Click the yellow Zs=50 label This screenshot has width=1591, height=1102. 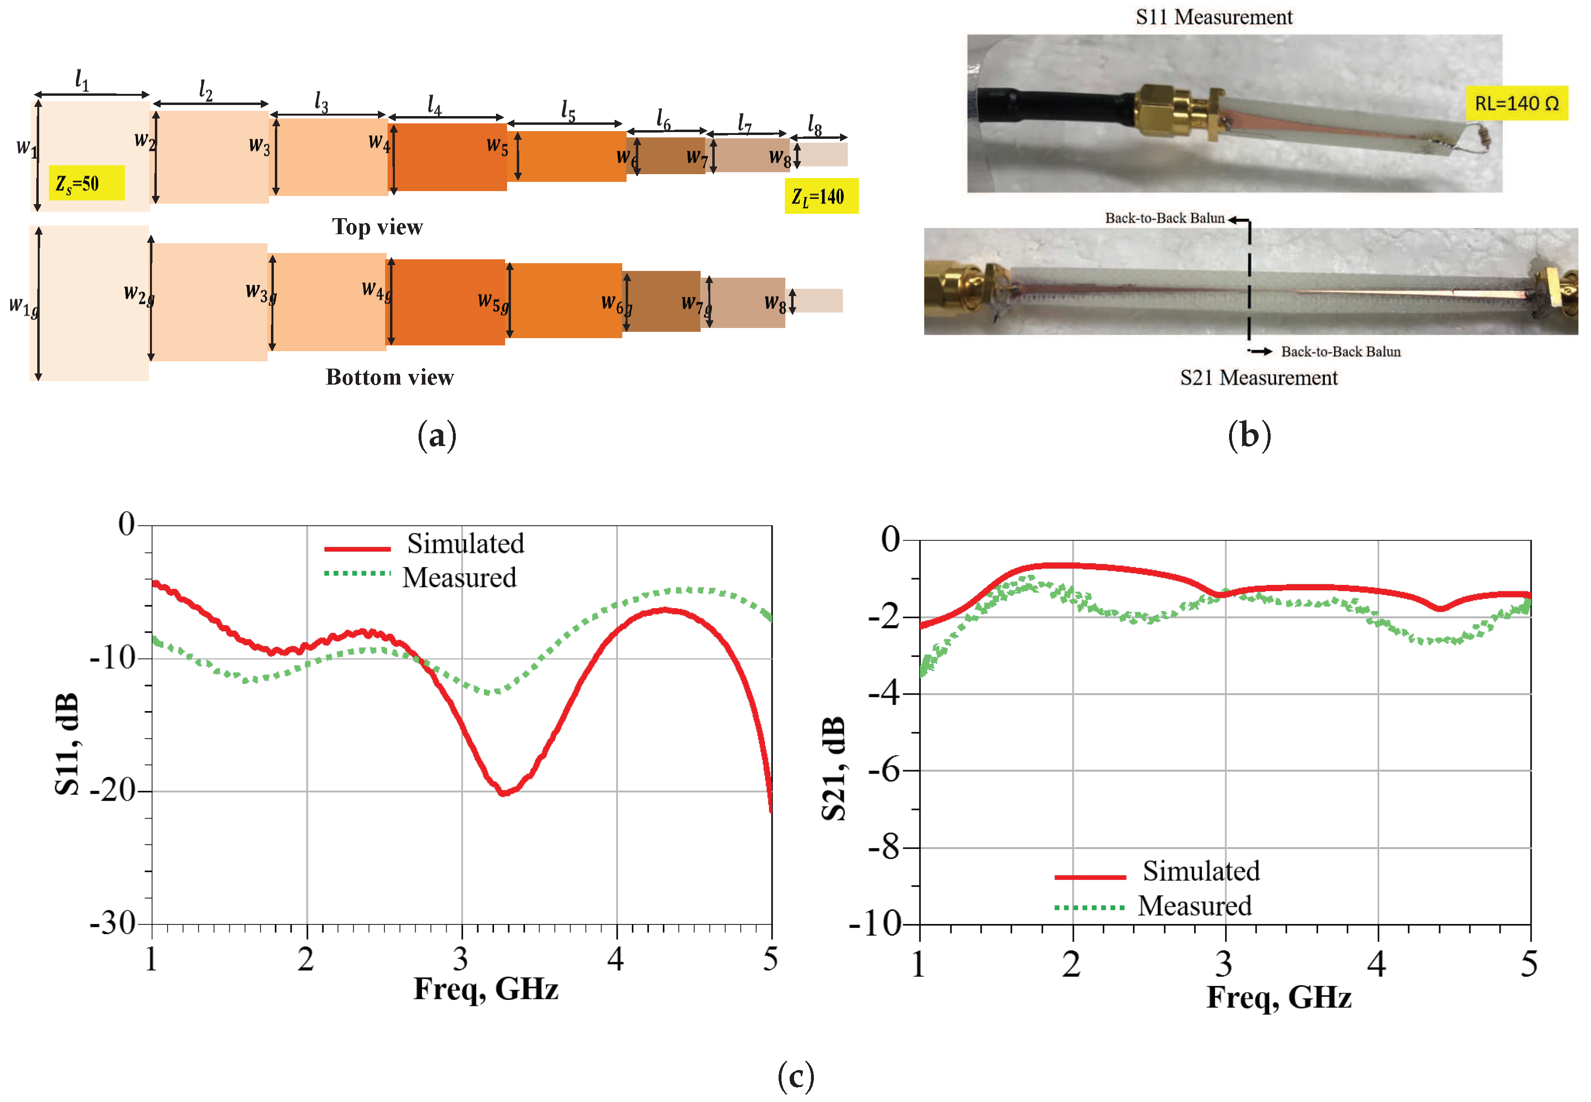pos(86,183)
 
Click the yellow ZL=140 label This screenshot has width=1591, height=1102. pos(821,196)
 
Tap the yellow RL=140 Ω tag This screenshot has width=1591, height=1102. pos(1516,104)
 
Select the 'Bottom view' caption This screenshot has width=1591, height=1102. pos(390,377)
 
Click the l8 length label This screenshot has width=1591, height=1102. pos(815,126)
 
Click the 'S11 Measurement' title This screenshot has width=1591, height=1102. pos(1213,16)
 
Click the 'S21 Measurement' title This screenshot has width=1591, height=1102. pos(1258,378)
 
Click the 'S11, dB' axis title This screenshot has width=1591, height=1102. pos(67,745)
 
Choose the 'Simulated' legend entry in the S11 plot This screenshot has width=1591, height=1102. pos(465,544)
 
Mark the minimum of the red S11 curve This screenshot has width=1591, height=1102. pos(504,793)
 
